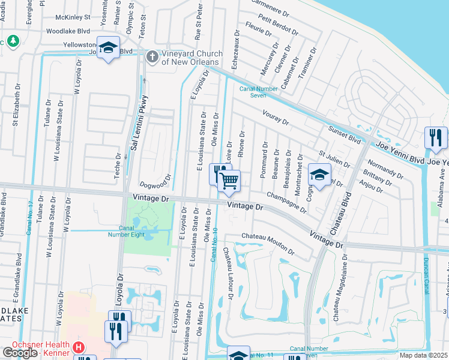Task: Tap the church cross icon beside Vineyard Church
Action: coord(152,57)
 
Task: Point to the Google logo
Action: coord(20,353)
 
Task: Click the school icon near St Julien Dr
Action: coord(319,175)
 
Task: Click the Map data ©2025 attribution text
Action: coord(424,355)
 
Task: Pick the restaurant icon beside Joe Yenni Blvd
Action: coord(435,138)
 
